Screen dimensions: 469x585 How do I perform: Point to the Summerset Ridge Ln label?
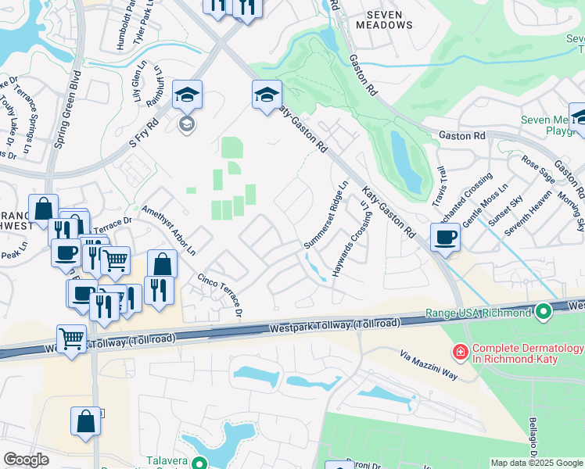[x=325, y=216]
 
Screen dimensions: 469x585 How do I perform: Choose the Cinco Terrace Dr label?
[x=221, y=295]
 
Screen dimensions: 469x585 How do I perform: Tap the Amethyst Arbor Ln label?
[x=169, y=229]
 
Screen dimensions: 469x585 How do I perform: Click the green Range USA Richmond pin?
[x=544, y=313]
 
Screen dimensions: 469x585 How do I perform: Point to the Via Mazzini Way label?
[x=429, y=365]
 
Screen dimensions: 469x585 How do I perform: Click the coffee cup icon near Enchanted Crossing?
[x=445, y=236]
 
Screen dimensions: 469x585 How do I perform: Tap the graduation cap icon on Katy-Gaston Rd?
[x=267, y=95]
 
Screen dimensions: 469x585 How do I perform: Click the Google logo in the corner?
[x=26, y=460]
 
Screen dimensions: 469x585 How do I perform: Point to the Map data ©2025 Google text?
[x=536, y=463]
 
